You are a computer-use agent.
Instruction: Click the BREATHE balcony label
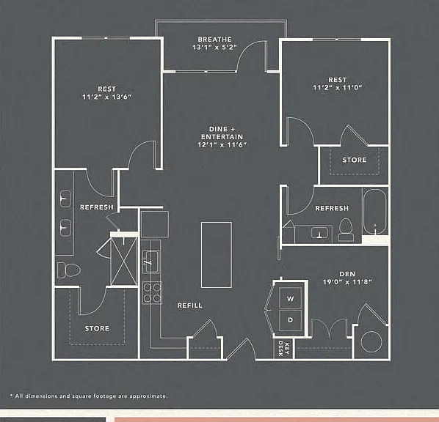pyautogui.click(x=215, y=40)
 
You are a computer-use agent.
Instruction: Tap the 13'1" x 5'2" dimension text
pyautogui.click(x=215, y=47)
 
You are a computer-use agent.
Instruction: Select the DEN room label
pyautogui.click(x=347, y=274)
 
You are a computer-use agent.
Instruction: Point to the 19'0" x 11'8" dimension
pyautogui.click(x=347, y=282)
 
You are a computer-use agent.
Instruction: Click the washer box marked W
pyautogui.click(x=290, y=298)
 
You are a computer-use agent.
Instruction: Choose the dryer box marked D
pyautogui.click(x=290, y=320)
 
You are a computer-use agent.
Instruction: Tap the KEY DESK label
pyautogui.click(x=283, y=348)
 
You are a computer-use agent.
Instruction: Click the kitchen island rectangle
pyautogui.click(x=217, y=255)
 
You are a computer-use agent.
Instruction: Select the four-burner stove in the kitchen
pyautogui.click(x=152, y=292)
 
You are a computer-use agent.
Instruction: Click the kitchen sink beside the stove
pyautogui.click(x=151, y=262)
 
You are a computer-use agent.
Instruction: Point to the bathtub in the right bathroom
pyautogui.click(x=375, y=212)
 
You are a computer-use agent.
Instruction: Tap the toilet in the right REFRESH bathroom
pyautogui.click(x=346, y=230)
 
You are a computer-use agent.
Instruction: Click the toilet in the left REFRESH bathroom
pyautogui.click(x=69, y=270)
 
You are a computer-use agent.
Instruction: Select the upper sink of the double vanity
pyautogui.click(x=65, y=199)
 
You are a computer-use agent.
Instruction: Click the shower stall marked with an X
pyautogui.click(x=124, y=262)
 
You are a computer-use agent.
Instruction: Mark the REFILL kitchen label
pyautogui.click(x=190, y=306)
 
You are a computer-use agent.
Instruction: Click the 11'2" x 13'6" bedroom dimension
pyautogui.click(x=106, y=97)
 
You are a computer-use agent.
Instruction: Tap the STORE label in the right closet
pyautogui.click(x=355, y=160)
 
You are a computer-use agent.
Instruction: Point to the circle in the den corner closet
pyautogui.click(x=371, y=342)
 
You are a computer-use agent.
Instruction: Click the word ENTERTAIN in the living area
pyautogui.click(x=222, y=137)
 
